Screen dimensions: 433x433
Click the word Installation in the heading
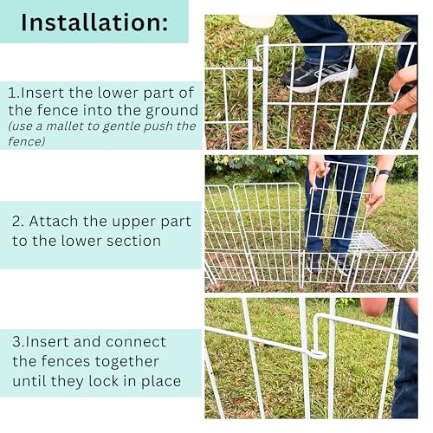point(92,23)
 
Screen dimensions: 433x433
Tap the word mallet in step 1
point(66,126)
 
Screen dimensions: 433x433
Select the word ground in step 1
point(172,112)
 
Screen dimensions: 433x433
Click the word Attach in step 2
point(54,222)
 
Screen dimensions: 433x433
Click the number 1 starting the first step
point(12,93)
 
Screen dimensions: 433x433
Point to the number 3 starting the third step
point(16,342)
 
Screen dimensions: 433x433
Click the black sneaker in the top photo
point(320,77)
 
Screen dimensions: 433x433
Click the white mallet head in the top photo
point(257,21)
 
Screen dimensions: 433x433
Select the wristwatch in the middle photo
point(385,173)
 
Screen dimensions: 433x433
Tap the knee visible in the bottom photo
point(375,307)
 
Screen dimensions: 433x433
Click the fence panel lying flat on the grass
point(368,242)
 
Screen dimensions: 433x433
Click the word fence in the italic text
point(26,141)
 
